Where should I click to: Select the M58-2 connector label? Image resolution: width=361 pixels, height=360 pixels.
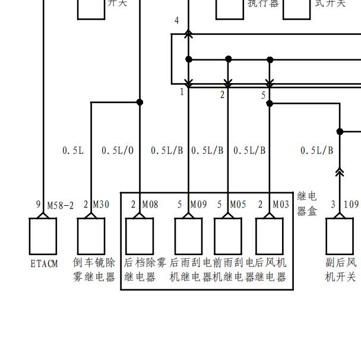click(x=61, y=205)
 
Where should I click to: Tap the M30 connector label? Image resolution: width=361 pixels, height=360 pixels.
click(x=101, y=205)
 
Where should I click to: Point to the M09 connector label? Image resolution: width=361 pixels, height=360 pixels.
click(x=198, y=205)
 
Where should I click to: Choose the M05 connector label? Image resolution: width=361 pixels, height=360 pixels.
click(x=237, y=205)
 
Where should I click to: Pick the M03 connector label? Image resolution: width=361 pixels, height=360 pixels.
click(x=281, y=205)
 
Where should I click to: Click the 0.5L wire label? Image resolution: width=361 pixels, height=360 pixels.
click(x=73, y=151)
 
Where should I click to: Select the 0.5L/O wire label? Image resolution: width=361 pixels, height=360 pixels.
click(x=118, y=151)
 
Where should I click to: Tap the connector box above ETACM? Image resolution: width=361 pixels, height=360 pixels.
click(x=43, y=235)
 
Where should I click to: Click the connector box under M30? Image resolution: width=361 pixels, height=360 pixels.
click(x=91, y=235)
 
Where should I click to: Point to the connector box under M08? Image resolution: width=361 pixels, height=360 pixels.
click(x=140, y=235)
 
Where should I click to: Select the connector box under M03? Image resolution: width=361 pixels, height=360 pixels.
click(x=270, y=235)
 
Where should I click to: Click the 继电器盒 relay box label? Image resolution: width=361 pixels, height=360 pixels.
click(x=307, y=203)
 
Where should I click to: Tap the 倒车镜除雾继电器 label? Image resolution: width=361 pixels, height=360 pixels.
click(x=94, y=269)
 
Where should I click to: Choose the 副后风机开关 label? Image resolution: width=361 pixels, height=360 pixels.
click(x=341, y=269)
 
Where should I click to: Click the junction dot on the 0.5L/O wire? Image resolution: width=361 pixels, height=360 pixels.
click(x=140, y=102)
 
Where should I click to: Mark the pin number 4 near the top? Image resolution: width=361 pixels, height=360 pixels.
click(x=176, y=21)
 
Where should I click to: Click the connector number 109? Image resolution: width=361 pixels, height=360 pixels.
click(x=351, y=205)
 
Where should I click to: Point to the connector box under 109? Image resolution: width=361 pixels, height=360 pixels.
click(x=340, y=235)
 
